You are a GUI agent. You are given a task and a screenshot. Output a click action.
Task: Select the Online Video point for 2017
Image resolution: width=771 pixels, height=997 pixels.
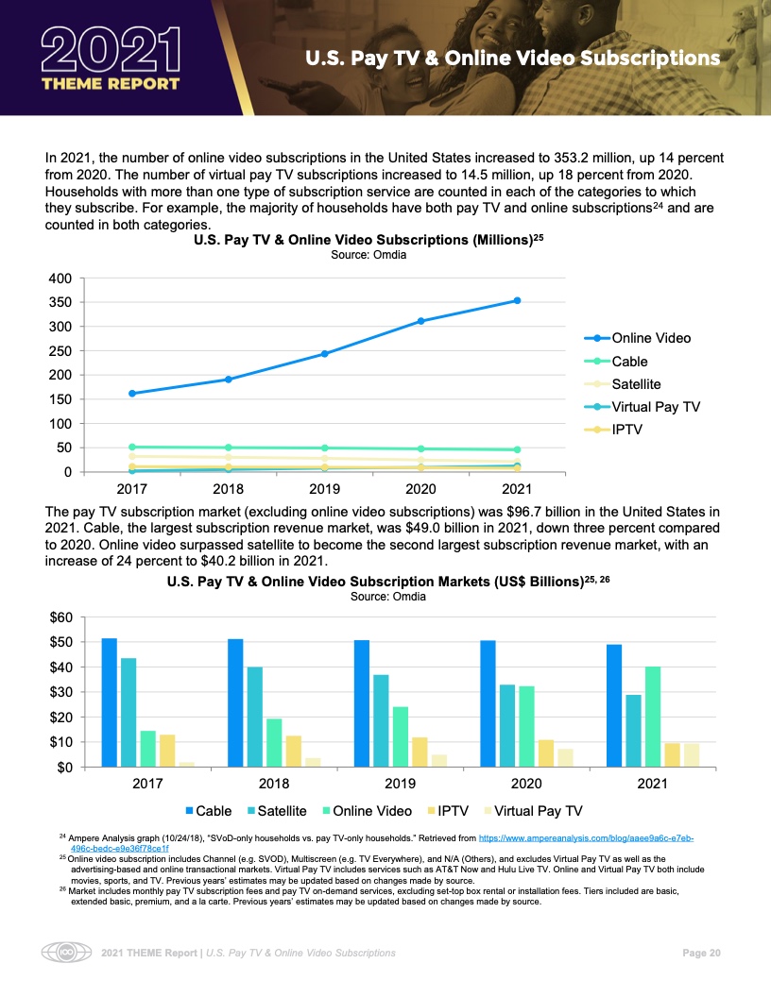[131, 393]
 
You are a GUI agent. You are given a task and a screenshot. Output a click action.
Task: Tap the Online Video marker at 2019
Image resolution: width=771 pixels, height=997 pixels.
[325, 354]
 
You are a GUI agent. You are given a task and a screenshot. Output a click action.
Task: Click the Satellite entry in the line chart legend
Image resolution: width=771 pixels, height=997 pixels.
[636, 384]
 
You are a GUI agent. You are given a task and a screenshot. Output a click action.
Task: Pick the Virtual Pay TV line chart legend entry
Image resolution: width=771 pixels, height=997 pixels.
[656, 408]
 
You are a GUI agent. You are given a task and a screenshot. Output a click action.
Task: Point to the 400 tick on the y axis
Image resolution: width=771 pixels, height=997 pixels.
[60, 279]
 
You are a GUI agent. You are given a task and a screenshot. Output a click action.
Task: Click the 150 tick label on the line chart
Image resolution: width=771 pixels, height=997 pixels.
[60, 399]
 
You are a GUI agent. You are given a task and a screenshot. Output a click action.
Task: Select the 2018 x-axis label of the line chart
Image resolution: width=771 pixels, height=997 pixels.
[228, 490]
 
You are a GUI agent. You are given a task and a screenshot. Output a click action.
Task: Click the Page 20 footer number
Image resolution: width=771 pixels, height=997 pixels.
[701, 953]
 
